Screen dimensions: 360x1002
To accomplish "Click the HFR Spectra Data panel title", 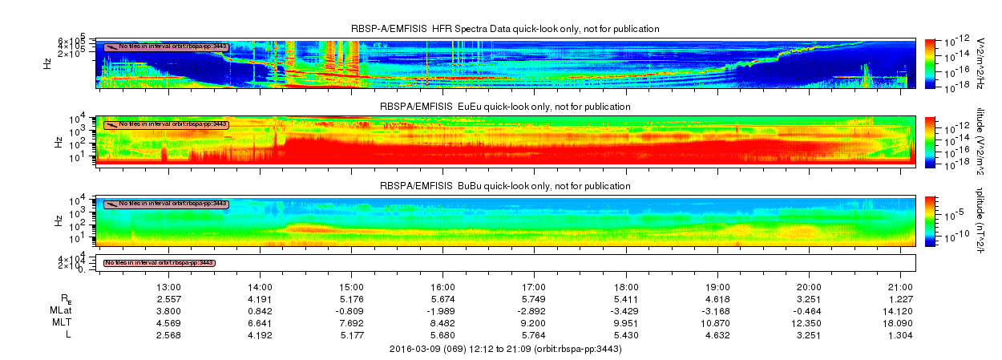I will [x=505, y=29].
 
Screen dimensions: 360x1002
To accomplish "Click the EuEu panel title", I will [x=505, y=107].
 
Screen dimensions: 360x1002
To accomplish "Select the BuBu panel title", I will [x=505, y=185].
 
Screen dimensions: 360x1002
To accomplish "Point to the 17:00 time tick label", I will [x=535, y=286].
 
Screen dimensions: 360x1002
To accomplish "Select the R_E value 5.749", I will [x=535, y=298].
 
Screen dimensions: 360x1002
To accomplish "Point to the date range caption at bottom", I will [x=505, y=349].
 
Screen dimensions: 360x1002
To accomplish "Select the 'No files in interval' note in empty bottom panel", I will [x=160, y=263].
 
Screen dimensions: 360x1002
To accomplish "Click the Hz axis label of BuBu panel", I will [x=58, y=219].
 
